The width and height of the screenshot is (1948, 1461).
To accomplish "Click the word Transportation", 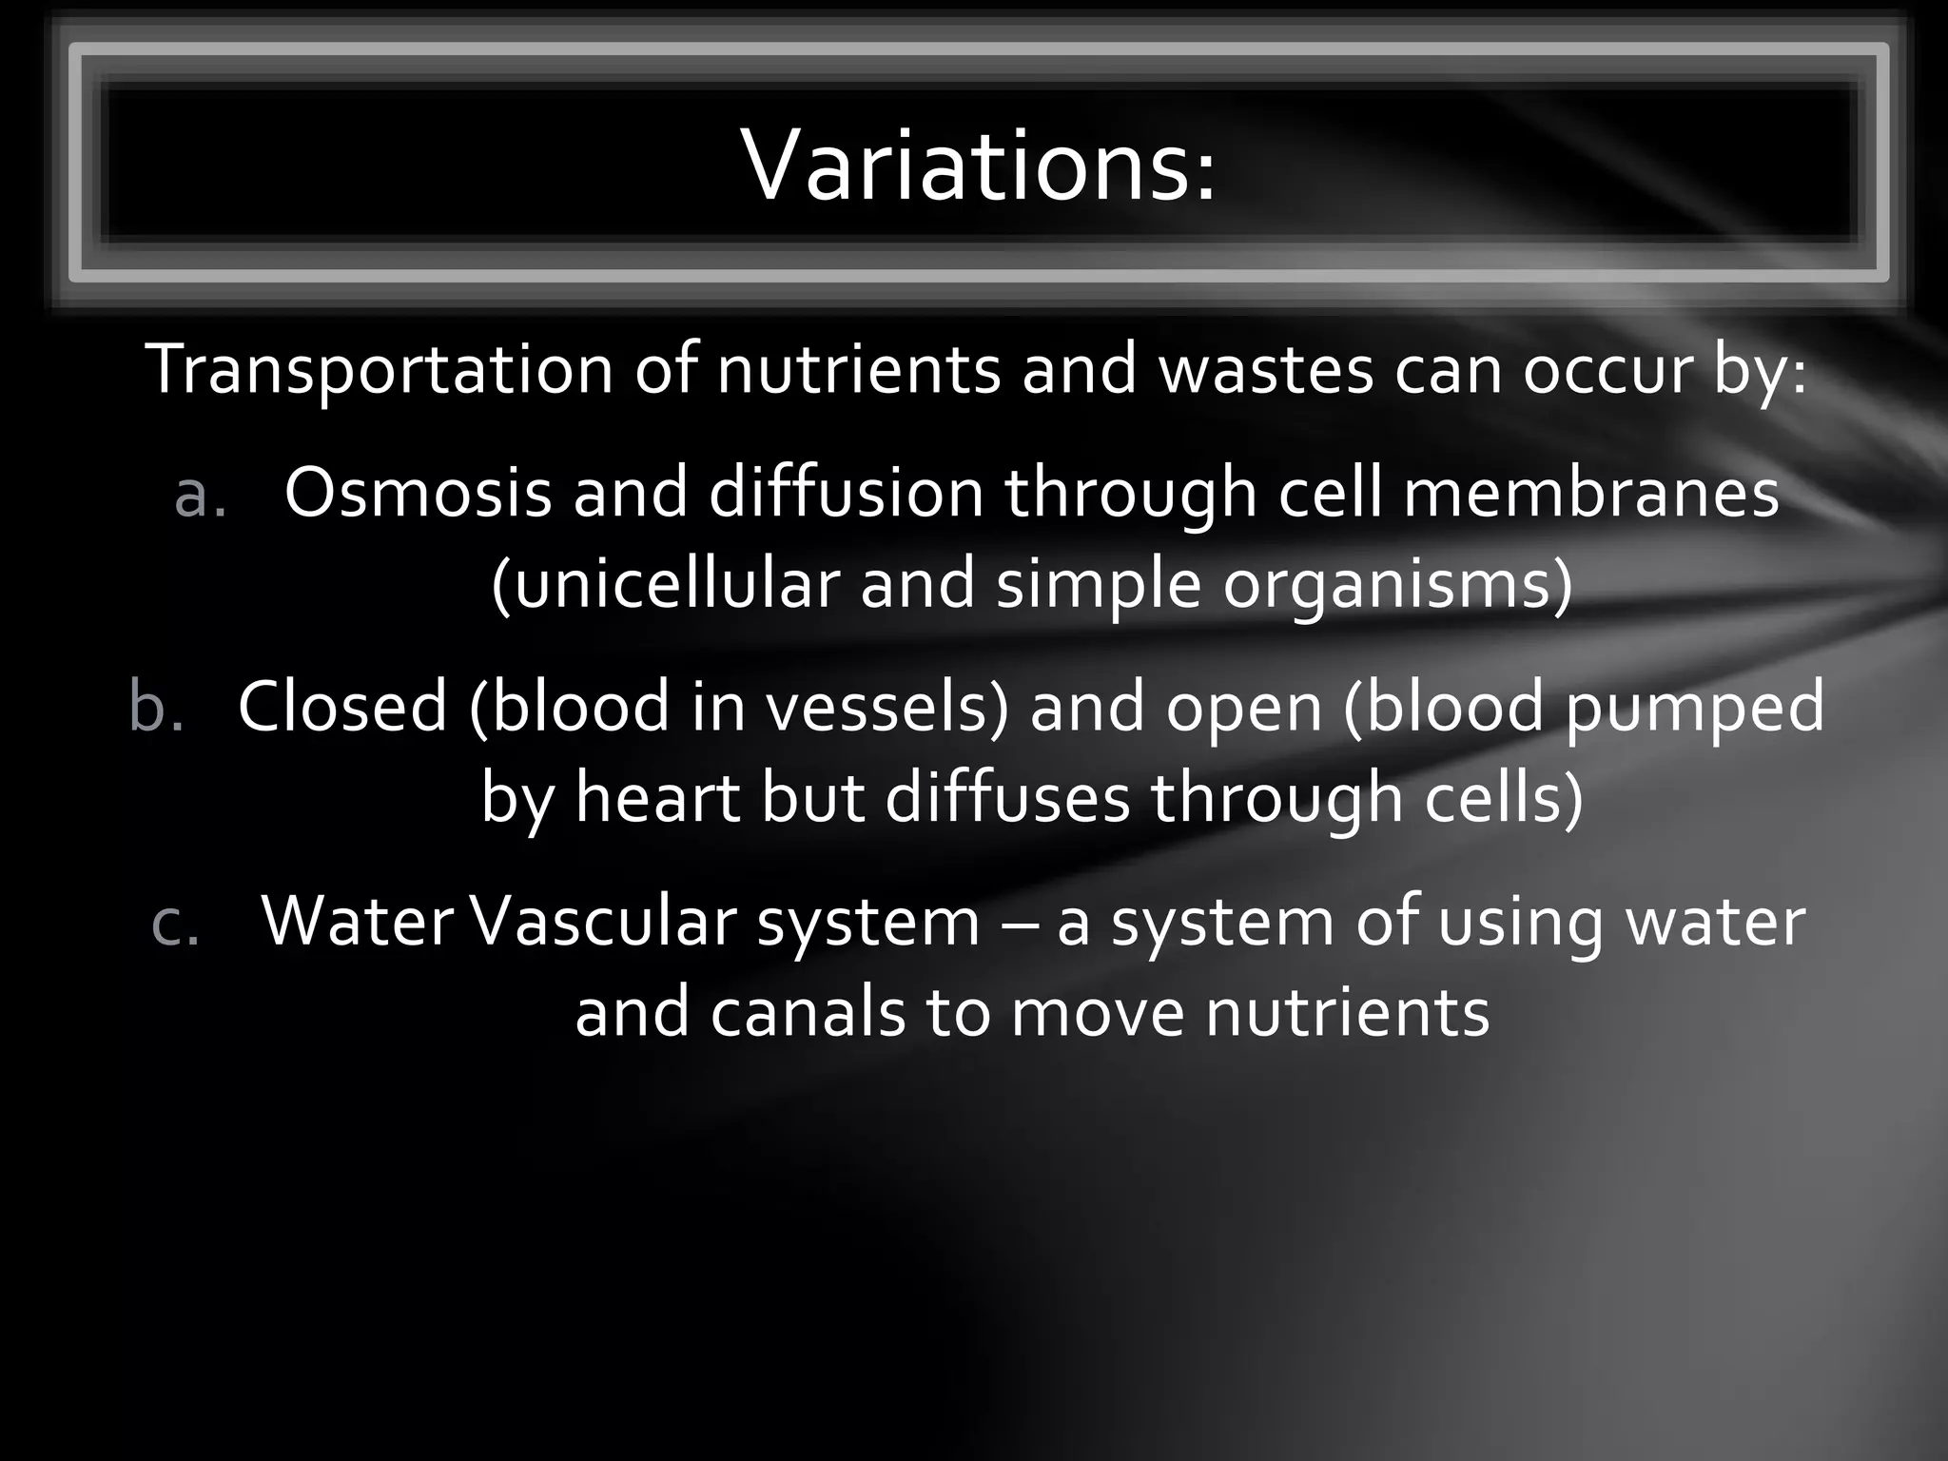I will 379,369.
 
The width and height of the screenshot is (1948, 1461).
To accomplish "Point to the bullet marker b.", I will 156,708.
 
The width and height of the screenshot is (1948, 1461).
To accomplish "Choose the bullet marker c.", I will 177,923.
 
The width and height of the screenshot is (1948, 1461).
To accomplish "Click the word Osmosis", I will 418,493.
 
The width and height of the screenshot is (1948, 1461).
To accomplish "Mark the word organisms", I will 1396,583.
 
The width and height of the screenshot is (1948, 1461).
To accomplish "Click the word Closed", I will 342,707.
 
